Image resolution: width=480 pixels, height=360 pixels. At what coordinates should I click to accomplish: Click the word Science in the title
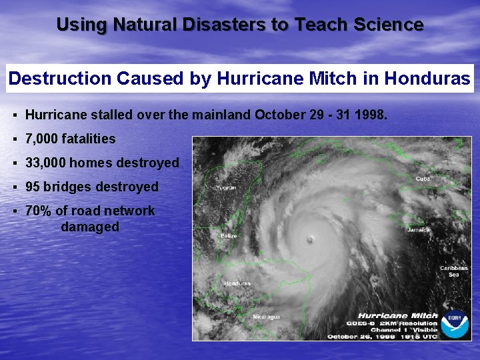tap(389, 25)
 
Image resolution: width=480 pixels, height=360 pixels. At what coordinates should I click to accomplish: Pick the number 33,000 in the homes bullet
tap(45, 163)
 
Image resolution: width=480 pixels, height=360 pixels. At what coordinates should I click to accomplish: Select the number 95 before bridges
tap(33, 187)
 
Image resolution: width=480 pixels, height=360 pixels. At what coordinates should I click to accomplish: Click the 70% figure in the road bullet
tap(38, 211)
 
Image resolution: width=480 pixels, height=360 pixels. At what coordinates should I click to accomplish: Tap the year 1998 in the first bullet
tap(370, 115)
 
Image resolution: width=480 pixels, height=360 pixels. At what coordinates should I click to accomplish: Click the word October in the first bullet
tap(281, 115)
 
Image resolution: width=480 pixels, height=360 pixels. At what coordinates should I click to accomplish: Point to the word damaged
tap(90, 227)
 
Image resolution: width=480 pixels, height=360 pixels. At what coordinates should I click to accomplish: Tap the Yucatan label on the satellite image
tap(225, 187)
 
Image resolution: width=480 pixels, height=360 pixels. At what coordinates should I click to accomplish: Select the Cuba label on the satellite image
tap(423, 179)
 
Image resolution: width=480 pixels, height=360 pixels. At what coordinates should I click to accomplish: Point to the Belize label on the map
tap(229, 236)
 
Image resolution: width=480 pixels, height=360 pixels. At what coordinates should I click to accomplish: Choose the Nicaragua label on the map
tap(266, 317)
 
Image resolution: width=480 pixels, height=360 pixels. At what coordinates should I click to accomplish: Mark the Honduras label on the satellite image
tap(237, 283)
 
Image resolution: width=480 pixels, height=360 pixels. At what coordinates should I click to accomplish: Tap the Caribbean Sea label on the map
tap(453, 271)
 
